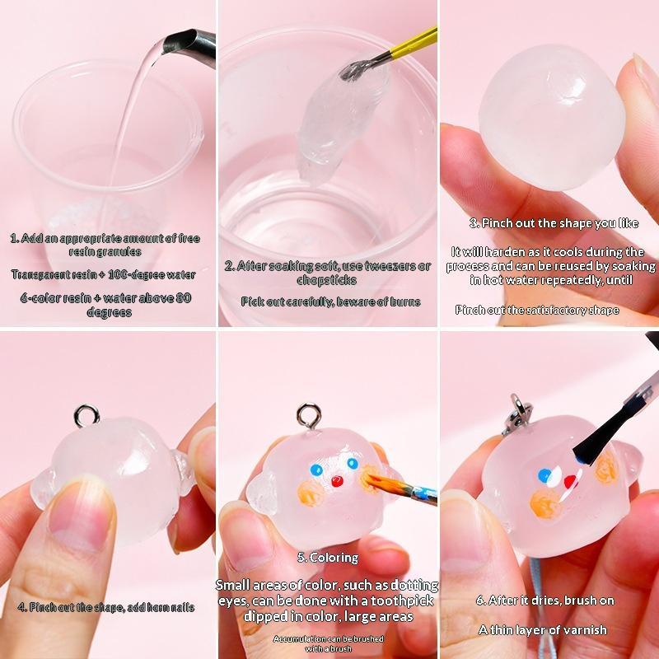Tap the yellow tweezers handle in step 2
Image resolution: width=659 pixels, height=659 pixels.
(414, 44)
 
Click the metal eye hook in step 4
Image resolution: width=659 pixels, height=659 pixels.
(86, 416)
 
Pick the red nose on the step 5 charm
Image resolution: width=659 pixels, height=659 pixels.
(337, 481)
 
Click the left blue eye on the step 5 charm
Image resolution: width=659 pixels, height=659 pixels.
(316, 470)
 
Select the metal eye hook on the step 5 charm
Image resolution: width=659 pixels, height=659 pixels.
(309, 416)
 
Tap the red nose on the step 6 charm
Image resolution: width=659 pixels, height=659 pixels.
(570, 482)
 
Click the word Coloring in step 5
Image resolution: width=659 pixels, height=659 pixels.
(334, 558)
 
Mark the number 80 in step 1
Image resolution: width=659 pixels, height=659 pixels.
(183, 298)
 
